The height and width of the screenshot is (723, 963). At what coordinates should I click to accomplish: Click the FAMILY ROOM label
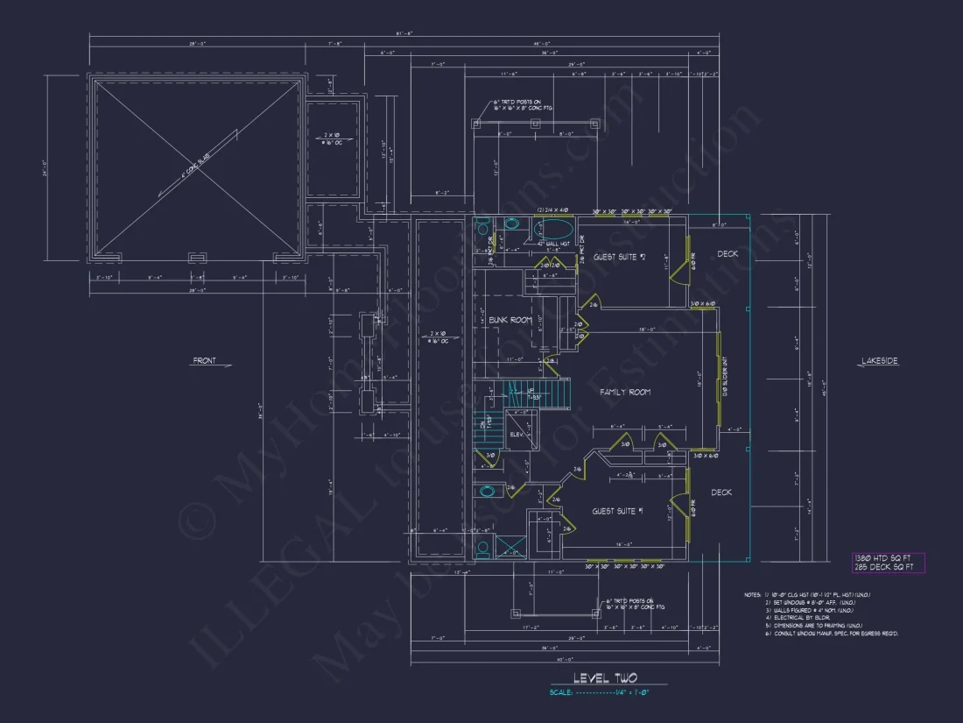coord(624,393)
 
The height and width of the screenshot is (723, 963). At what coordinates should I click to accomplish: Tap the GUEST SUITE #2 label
coord(619,257)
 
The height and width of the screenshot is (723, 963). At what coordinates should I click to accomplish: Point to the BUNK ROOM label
coord(510,320)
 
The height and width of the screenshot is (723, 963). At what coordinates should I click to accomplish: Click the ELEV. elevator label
coord(516,434)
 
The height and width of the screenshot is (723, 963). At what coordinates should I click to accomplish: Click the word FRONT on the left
coord(205,360)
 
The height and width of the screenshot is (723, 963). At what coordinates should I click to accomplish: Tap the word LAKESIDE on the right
coord(879,360)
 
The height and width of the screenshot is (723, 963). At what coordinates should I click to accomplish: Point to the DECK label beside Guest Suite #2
coord(728,254)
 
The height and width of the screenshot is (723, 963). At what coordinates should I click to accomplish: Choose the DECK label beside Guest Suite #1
coord(720,493)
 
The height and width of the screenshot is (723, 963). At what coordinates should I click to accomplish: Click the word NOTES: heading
coord(753,595)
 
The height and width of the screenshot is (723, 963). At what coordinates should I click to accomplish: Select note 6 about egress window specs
coord(832,633)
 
